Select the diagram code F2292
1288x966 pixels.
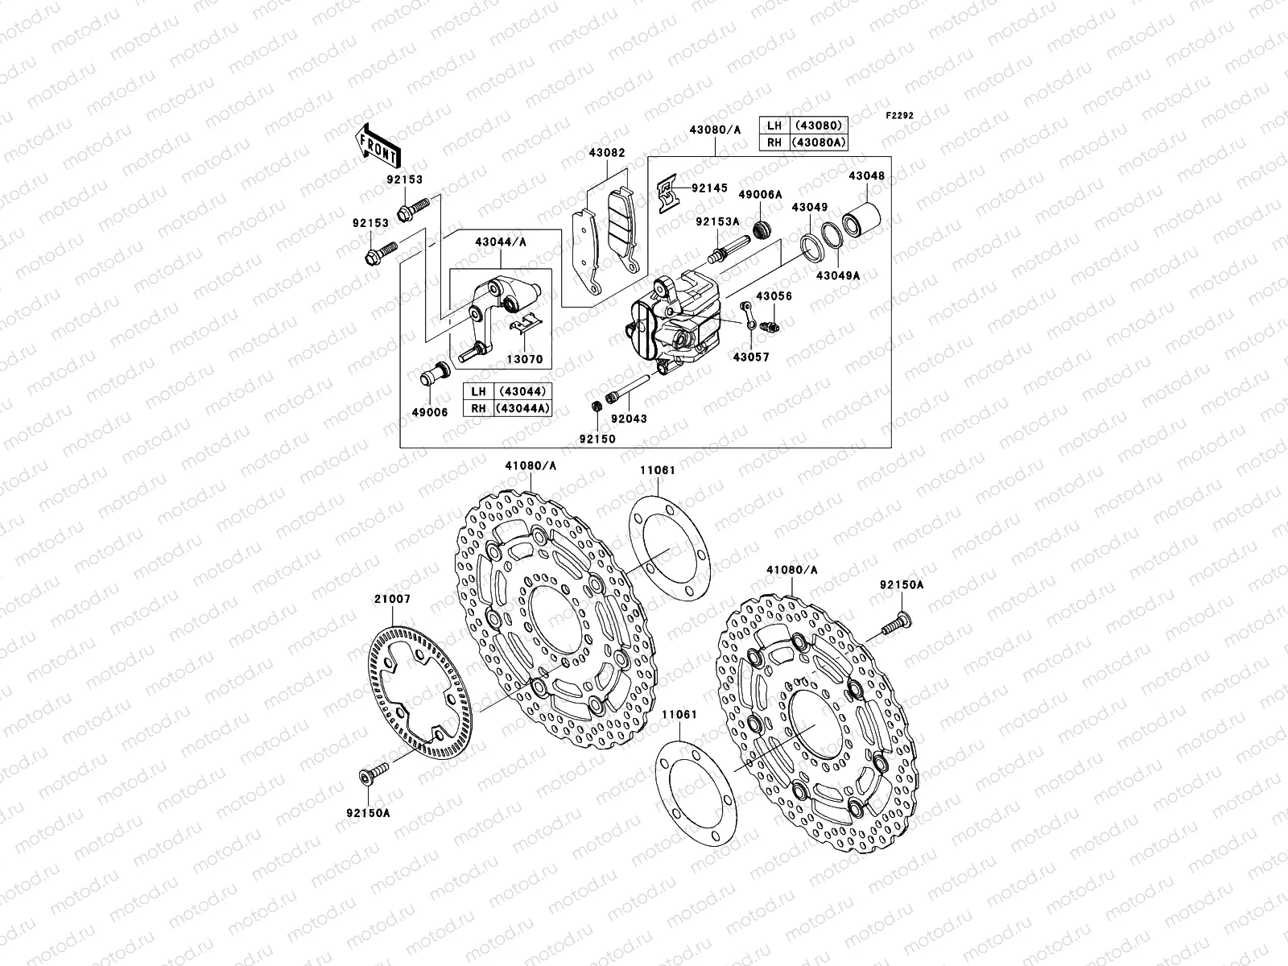900,116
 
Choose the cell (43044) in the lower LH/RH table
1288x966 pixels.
523,392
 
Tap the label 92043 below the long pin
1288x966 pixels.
628,419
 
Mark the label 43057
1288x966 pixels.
749,356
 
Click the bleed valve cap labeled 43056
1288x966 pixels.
766,325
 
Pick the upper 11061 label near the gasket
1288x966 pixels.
658,470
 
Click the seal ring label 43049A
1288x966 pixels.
838,275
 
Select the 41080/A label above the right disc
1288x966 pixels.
791,570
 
